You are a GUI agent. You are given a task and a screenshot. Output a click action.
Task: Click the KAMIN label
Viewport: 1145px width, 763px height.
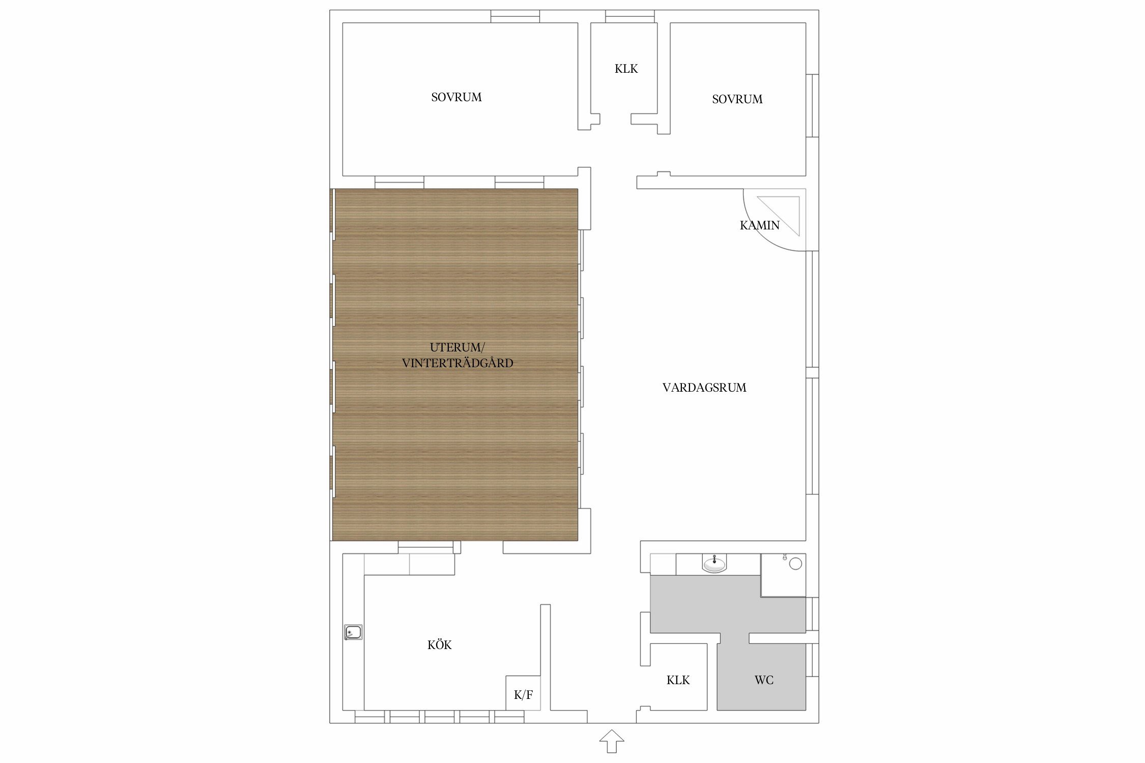759,225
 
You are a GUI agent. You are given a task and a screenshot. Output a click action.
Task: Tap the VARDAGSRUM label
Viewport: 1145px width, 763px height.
704,388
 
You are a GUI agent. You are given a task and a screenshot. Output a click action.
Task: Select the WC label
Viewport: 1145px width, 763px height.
764,680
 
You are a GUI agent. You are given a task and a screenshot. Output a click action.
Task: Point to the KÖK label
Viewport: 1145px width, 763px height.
440,644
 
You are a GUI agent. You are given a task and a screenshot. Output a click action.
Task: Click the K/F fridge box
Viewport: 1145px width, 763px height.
523,693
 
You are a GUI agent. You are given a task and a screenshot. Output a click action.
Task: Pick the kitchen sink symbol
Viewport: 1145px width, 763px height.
353,632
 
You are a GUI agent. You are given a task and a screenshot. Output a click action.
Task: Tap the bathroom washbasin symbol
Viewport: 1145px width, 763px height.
714,564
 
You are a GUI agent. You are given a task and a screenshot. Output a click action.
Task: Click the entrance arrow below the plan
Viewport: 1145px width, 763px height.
612,741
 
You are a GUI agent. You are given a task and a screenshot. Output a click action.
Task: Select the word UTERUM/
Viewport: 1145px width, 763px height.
457,347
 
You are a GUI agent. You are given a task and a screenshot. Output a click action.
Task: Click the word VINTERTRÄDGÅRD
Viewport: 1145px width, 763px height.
457,363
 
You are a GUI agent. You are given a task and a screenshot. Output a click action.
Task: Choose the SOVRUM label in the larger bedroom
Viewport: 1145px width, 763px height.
456,97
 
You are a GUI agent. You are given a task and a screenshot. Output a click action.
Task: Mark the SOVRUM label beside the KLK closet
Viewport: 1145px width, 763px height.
737,99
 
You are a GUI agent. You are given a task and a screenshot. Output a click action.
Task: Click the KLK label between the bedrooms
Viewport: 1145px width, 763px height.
626,69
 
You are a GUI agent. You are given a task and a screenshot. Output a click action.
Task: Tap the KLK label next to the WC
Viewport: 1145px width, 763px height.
678,680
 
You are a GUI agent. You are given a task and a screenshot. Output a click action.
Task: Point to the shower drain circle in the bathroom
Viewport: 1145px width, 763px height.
795,563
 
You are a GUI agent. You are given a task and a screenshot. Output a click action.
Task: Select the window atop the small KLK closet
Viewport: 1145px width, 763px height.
630,16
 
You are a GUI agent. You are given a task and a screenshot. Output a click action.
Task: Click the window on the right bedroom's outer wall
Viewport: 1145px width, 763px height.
812,105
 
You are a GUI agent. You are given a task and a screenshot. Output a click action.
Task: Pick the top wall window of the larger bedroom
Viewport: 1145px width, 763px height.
515,16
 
